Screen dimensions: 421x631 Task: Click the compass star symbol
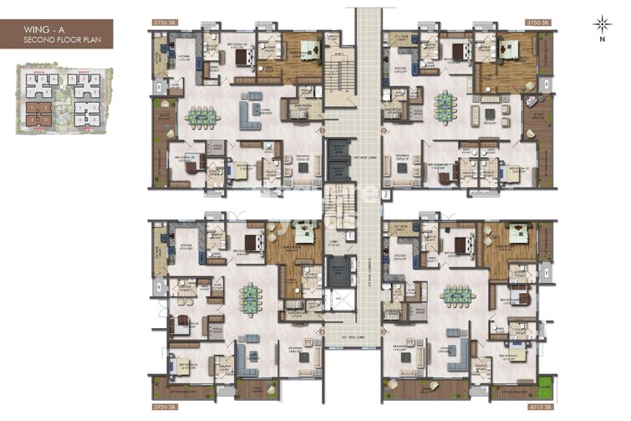(601, 23)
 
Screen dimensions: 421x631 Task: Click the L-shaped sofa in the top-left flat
(251, 110)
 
